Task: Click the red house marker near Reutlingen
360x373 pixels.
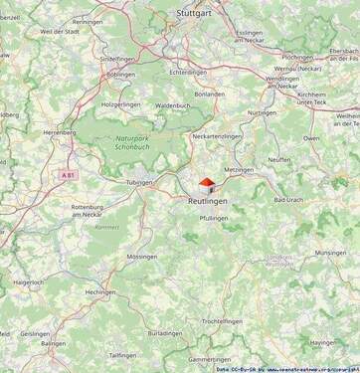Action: pos(206,184)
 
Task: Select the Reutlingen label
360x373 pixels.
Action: pos(208,201)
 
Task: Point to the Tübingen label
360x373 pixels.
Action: pos(139,182)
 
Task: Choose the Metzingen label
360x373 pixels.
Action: pos(240,170)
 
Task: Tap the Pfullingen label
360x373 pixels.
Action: pos(213,217)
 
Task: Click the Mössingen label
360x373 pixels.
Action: pos(141,256)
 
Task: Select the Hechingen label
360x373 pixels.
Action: pos(100,292)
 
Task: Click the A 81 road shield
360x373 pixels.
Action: pos(68,175)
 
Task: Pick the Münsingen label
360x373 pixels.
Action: pos(331,253)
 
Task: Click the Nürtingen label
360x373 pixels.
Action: pos(262,112)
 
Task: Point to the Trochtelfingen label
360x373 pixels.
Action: pos(223,321)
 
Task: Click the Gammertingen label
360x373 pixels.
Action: pos(210,359)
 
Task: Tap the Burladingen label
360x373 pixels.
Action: pos(165,333)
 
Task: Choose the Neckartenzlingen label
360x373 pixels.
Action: pos(217,135)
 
